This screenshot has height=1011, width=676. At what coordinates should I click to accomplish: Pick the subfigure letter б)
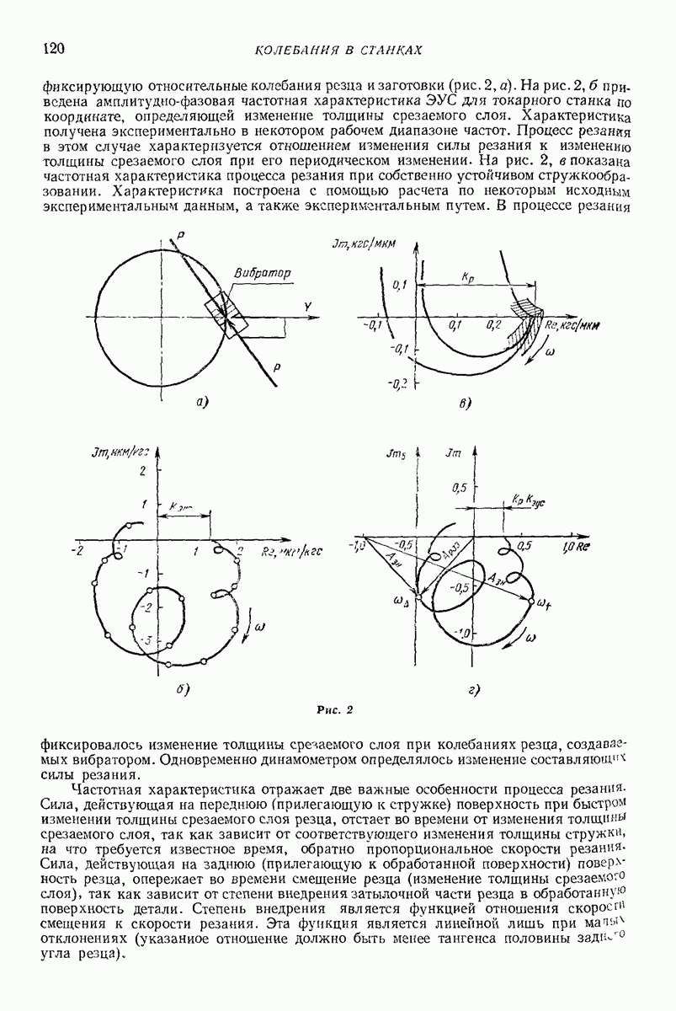[x=181, y=689]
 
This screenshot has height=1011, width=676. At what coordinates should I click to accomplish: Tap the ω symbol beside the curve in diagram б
[x=259, y=626]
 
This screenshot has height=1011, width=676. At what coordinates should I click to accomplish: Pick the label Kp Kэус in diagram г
[x=528, y=500]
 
